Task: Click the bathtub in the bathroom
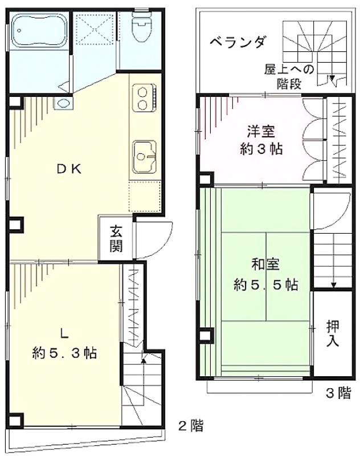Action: (x=39, y=31)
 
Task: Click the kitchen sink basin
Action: (x=145, y=156)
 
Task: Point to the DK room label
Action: (x=69, y=169)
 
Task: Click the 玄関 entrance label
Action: (x=116, y=239)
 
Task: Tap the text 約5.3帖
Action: (x=64, y=353)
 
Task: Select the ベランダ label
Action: (x=238, y=42)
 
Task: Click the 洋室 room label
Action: (x=261, y=132)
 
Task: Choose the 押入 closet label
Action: (x=333, y=333)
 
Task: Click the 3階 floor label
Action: (x=338, y=393)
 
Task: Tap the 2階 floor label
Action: (x=191, y=426)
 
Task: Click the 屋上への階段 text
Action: (x=289, y=77)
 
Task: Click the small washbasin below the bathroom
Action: (x=63, y=103)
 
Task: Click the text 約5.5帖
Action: (x=265, y=286)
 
